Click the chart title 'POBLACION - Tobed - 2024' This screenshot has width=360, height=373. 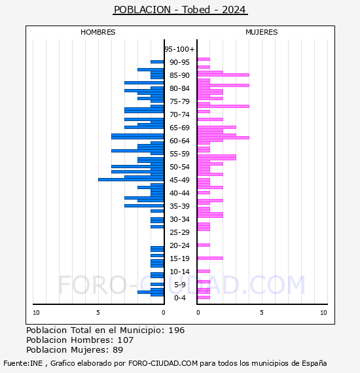click(180, 10)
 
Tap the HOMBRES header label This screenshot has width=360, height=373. click(98, 32)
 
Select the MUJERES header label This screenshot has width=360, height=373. click(262, 32)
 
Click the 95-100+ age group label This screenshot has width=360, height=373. click(179, 49)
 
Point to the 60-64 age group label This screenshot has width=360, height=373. click(179, 141)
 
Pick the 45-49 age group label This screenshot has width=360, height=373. click(179, 180)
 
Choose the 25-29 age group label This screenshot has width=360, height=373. click(179, 232)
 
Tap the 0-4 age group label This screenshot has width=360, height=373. click(179, 298)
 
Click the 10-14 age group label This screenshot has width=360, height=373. click(179, 272)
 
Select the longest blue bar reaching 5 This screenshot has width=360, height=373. click(131, 179)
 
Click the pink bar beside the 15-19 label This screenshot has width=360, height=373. click(210, 258)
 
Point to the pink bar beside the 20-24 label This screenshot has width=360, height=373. click(204, 245)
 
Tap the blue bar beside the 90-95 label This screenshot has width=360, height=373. click(157, 62)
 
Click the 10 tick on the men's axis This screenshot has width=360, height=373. click(36, 313)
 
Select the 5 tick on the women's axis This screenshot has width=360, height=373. click(262, 313)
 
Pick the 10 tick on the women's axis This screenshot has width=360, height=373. click(323, 313)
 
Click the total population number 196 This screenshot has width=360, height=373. click(176, 330)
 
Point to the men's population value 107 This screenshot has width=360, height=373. click(126, 340)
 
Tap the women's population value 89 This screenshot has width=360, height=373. click(118, 349)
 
